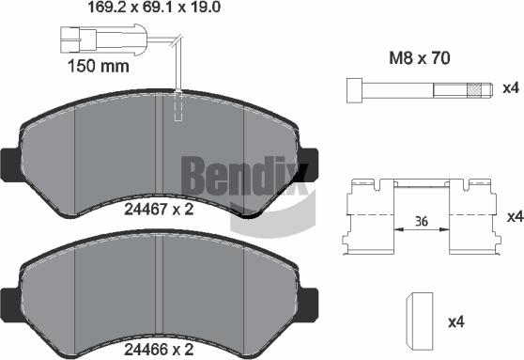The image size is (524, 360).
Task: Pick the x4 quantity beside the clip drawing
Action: coord(514,217)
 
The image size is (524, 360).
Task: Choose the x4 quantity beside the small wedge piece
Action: coord(455,322)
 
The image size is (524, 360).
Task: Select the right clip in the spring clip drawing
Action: coord(473,218)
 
